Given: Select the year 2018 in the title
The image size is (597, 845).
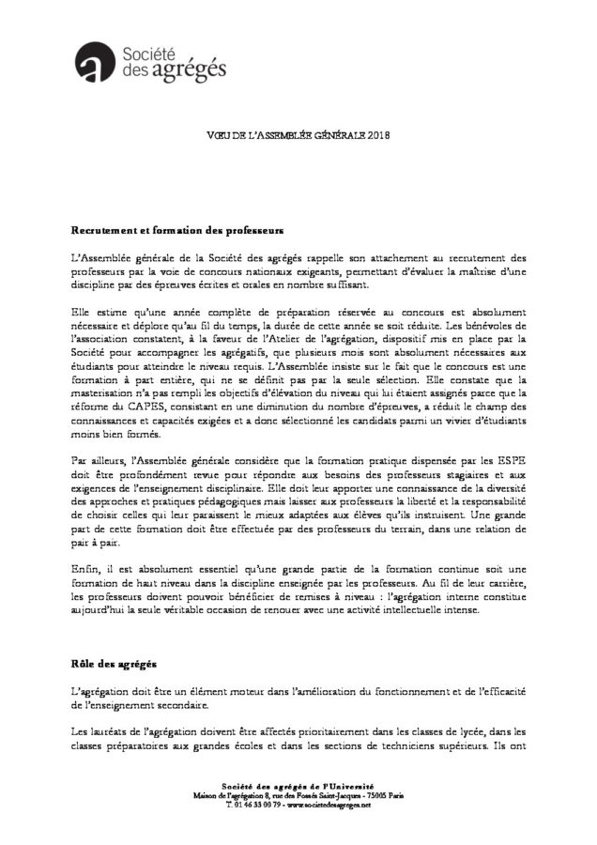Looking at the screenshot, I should tap(377, 134).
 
